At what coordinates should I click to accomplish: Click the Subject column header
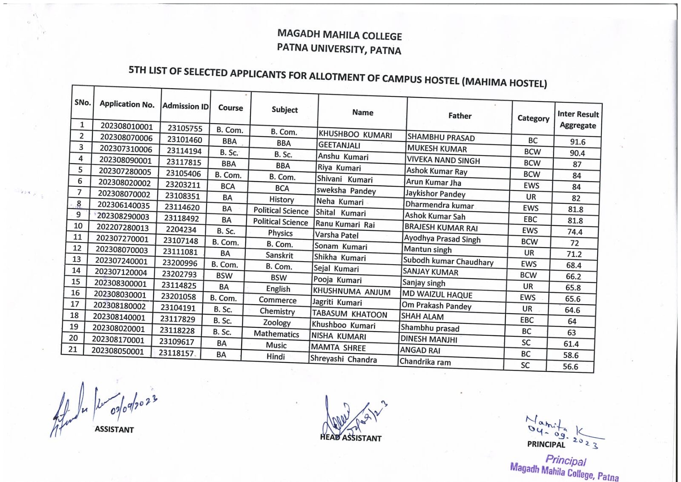pos(284,110)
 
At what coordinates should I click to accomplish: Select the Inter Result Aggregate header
pos(578,119)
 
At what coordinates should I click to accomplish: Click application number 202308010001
pos(126,127)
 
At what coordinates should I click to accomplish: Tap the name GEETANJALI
pos(339,145)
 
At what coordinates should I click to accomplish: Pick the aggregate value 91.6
pos(578,142)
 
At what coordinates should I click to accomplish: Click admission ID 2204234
pos(181,229)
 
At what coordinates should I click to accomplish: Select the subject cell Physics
pos(280,233)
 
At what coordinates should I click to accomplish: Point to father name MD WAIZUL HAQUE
pos(437,294)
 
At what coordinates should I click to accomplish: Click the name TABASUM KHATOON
pos(350,314)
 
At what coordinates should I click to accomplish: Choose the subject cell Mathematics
pos(276,334)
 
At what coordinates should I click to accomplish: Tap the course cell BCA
pos(228,186)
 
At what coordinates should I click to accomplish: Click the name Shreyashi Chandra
pos(343,359)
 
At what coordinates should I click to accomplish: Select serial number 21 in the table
pos(73,349)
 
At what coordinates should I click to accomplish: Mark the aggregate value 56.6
pos(570,367)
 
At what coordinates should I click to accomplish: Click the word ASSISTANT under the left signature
pos(114,430)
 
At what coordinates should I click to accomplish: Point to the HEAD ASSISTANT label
pos(351,438)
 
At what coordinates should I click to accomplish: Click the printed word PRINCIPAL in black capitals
pos(546,444)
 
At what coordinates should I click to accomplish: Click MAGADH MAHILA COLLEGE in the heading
pos(339,35)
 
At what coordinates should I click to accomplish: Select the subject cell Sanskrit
pos(279,255)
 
